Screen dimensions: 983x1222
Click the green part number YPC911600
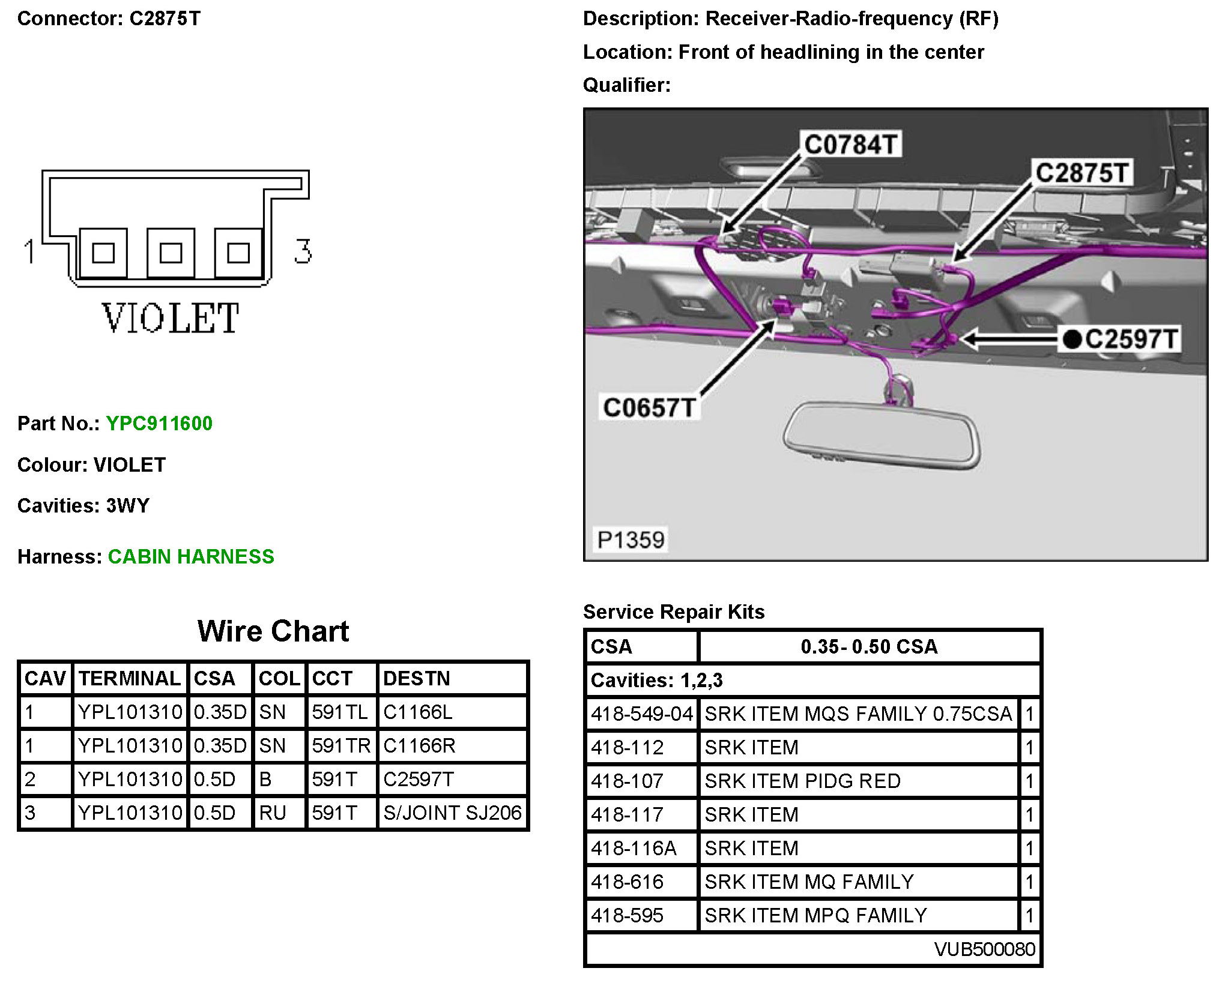point(159,424)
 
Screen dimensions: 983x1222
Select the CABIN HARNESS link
point(191,557)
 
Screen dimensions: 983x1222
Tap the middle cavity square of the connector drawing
point(171,253)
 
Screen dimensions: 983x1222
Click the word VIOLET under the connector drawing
point(171,318)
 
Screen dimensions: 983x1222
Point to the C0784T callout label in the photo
point(851,145)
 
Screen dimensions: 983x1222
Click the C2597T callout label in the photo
point(1131,339)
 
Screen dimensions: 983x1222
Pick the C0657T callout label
point(649,408)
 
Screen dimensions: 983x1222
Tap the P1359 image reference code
point(631,540)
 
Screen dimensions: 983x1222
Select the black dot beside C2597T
point(1072,340)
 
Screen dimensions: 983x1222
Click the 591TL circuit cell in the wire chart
point(340,712)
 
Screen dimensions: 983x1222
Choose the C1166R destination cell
point(419,746)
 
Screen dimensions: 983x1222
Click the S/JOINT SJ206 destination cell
point(452,813)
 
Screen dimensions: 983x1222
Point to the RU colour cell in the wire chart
point(273,813)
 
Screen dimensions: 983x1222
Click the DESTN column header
point(416,679)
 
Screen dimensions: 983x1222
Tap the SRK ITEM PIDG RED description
point(802,781)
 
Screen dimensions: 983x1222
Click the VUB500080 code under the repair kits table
point(984,949)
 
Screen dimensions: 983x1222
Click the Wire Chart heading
point(273,631)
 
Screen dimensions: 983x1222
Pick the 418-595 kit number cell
point(627,916)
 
